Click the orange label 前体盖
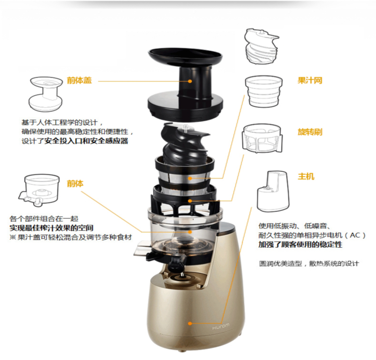pos(79,80)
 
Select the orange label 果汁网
pos(310,80)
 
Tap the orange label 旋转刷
pos(310,132)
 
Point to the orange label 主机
pos(306,176)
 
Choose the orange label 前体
pos(75,184)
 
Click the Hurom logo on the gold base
pos(221,326)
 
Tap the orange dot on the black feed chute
pos(190,81)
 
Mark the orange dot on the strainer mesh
pos(190,179)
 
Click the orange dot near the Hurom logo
pos(190,323)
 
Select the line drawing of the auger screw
pos(261,46)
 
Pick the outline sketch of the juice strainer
pos(264,91)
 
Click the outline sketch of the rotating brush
pos(262,139)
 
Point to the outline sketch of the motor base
pos(273,191)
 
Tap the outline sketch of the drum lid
pos(46,94)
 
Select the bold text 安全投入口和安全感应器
pos(86,141)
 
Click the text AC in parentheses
pos(355,235)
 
